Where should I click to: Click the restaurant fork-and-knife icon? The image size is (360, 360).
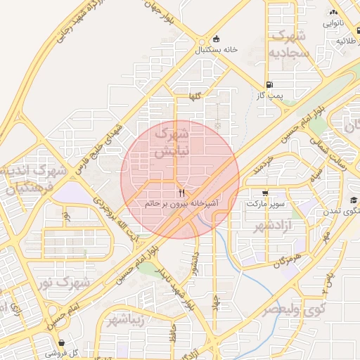tap(181, 192)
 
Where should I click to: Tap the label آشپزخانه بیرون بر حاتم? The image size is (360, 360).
tap(181, 203)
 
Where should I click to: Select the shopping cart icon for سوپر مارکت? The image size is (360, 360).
tap(265, 193)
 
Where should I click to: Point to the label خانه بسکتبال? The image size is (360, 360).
tap(216, 50)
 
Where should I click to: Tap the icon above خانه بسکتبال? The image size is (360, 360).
tap(216, 39)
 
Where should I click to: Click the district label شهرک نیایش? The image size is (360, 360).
tap(172, 141)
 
